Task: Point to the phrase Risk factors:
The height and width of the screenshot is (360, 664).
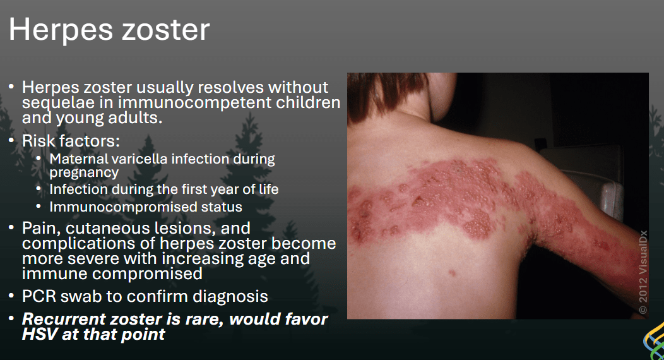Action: tap(71, 141)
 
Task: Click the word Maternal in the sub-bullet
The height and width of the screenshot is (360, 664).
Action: tap(78, 159)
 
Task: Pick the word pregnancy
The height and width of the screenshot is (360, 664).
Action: tap(84, 173)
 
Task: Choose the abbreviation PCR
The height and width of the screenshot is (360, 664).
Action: tap(39, 296)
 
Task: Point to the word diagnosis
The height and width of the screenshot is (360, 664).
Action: tap(230, 296)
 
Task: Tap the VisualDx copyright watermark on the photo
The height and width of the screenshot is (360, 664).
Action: tap(643, 272)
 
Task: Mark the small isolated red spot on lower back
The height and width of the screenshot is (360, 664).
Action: tap(453, 273)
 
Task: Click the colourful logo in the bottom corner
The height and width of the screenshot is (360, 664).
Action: tap(654, 341)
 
